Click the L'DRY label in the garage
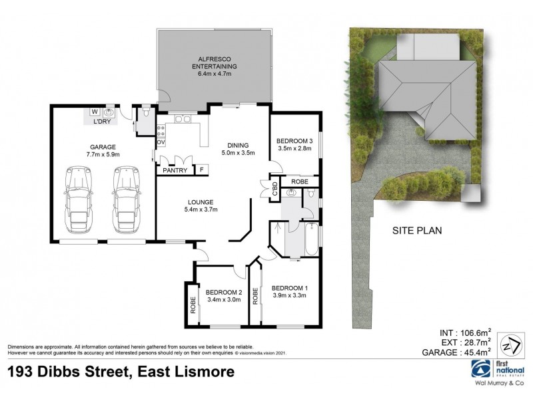tap(101, 122)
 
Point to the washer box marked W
tap(94, 112)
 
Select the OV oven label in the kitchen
tap(161, 142)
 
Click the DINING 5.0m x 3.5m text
tap(238, 149)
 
